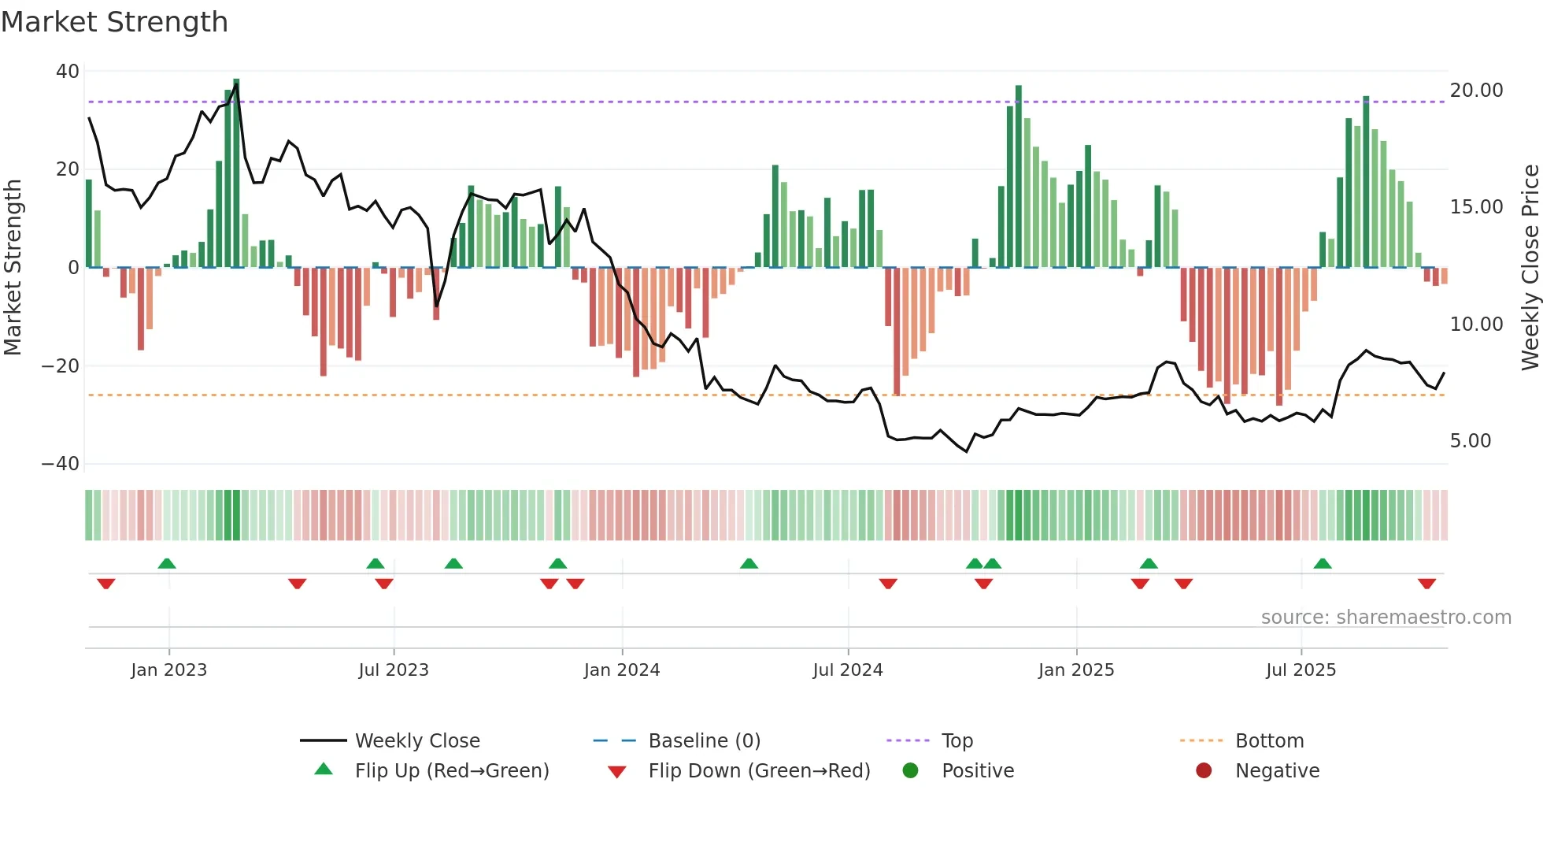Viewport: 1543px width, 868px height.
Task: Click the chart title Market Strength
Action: pos(114,22)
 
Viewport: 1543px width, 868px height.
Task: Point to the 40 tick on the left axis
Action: pos(68,72)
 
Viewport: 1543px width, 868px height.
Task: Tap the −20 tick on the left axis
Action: pos(61,366)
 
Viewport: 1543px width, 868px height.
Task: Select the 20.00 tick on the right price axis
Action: pos(1476,91)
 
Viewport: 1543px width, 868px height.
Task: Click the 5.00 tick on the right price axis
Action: pos(1470,441)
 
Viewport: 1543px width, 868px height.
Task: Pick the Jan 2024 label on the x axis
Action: pos(621,670)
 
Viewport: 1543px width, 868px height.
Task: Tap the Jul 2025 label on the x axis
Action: pos(1301,670)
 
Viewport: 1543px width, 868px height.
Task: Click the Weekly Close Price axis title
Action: pos(1530,267)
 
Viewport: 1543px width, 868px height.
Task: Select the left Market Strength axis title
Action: pos(13,267)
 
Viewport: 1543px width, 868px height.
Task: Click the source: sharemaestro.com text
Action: pos(1386,618)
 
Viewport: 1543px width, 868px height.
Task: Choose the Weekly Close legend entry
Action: pos(416,741)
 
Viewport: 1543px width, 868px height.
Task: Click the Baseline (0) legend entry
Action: pos(704,741)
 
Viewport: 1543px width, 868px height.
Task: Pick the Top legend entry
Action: pos(957,741)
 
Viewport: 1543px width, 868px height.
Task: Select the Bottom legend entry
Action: pos(1269,741)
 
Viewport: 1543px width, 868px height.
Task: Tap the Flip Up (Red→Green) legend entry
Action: pos(451,771)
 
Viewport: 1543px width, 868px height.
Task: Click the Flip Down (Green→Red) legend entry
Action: pos(759,771)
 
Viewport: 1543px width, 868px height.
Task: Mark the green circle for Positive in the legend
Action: pos(910,771)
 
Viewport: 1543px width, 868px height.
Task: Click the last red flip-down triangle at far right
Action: pos(1426,584)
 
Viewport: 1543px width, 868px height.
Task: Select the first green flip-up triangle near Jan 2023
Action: pos(167,563)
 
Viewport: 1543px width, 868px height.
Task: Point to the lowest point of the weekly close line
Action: pos(967,451)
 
